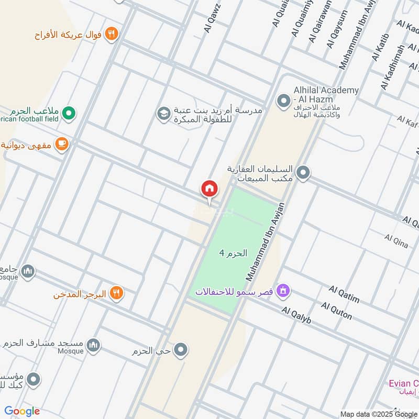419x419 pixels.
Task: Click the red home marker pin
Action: pyautogui.click(x=209, y=189)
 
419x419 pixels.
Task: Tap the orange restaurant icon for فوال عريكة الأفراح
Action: pyautogui.click(x=111, y=34)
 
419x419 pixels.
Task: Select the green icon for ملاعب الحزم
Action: pyautogui.click(x=69, y=112)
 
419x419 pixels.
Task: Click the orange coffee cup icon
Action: pyautogui.click(x=62, y=144)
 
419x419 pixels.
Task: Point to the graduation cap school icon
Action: pyautogui.click(x=164, y=113)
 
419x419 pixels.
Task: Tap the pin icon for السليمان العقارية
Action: pyautogui.click(x=303, y=172)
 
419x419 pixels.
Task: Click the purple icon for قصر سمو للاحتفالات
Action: pyautogui.click(x=283, y=290)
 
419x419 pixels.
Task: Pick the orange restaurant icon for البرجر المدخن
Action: pyautogui.click(x=116, y=294)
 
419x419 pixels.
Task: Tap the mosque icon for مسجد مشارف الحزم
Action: pyautogui.click(x=93, y=345)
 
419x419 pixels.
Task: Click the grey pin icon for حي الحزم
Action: pyautogui.click(x=181, y=349)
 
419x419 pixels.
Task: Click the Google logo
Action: pyautogui.click(x=22, y=411)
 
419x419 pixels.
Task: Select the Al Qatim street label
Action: pyautogui.click(x=344, y=295)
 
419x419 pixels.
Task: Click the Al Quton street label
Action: pyautogui.click(x=336, y=311)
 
